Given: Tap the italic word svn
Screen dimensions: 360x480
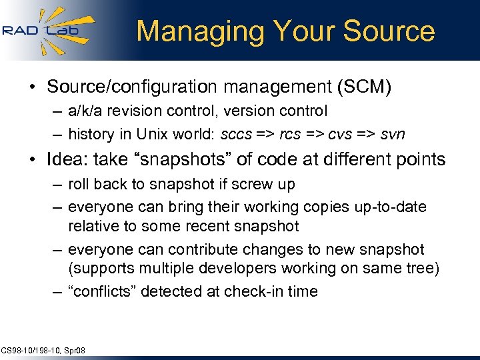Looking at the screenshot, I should pos(393,134).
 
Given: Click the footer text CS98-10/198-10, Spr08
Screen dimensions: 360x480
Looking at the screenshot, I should pos(43,350).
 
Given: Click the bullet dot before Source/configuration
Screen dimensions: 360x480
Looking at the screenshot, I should pos(32,87).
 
